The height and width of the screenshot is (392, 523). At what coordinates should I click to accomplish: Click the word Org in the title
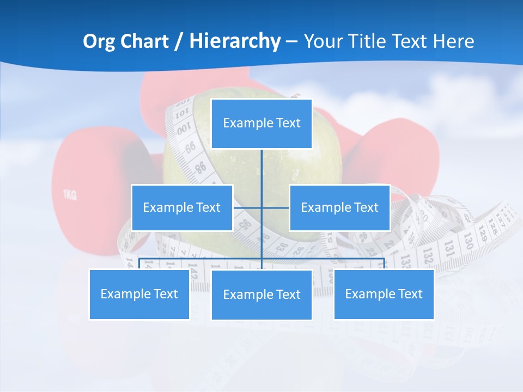(99, 41)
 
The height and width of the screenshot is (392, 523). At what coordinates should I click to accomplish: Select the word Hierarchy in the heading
(235, 41)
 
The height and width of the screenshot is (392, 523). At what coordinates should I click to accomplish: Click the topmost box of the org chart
(261, 124)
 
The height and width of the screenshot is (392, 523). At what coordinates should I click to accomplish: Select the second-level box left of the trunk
(182, 207)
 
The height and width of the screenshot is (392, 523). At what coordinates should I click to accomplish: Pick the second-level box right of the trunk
(339, 207)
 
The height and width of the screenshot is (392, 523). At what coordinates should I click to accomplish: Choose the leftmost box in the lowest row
(139, 294)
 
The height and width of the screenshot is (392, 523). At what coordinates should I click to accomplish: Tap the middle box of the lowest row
(261, 295)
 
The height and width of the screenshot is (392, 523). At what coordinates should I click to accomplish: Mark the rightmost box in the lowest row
(384, 294)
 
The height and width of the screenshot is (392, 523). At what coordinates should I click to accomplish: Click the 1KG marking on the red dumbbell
(70, 195)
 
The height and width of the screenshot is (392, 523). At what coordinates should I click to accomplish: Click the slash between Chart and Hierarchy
(179, 41)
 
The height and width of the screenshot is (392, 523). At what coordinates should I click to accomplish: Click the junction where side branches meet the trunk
(261, 207)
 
